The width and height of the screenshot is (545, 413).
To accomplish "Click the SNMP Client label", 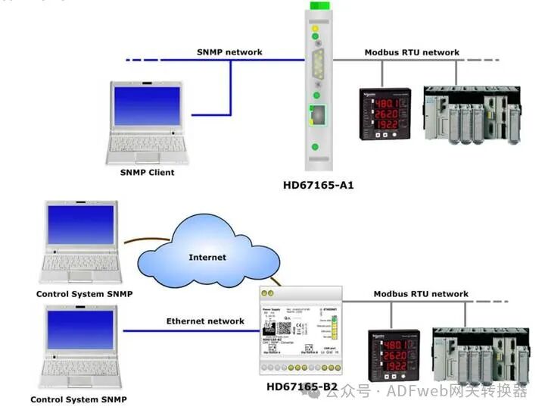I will tap(147, 172).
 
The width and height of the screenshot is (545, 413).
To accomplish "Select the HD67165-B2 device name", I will tap(302, 387).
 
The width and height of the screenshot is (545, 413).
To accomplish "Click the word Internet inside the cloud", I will tap(207, 257).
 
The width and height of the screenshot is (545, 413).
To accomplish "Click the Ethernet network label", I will tap(205, 321).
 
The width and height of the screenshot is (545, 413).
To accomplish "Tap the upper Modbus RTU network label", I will tap(412, 52).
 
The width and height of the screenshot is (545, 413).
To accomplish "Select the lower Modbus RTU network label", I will tap(421, 293).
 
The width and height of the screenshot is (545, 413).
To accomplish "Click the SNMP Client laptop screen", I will tap(148, 105).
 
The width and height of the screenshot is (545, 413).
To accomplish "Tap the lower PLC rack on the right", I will tap(479, 353).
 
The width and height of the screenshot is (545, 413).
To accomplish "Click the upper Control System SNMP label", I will tap(84, 293).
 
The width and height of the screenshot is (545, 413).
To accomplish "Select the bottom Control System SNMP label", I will tap(78, 399).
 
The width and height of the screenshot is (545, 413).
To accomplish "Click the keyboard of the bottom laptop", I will tap(79, 369).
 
